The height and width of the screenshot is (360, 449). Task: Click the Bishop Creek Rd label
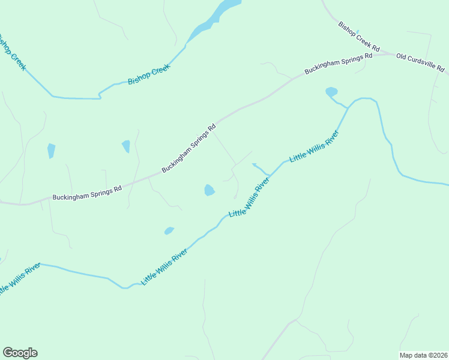tap(359, 37)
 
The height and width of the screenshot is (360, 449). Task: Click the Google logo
tap(20, 353)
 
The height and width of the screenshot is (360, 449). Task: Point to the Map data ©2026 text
tap(424, 355)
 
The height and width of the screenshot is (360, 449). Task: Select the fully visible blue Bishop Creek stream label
tap(149, 73)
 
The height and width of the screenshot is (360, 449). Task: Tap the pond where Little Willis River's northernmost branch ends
tap(331, 92)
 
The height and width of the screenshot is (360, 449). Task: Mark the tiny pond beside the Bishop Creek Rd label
tap(358, 32)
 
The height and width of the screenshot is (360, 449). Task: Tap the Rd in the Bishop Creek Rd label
tap(376, 47)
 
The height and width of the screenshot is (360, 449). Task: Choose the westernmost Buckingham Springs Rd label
tap(87, 193)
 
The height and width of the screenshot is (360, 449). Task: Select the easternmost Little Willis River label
tap(315, 146)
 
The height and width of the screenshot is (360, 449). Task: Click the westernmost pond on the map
tap(51, 150)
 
